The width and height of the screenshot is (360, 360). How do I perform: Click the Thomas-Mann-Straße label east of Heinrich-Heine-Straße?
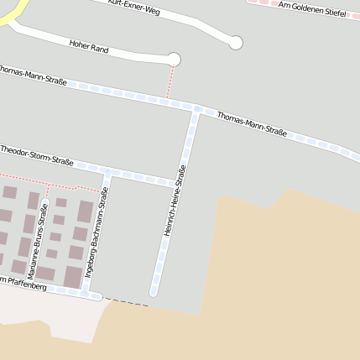(252, 123)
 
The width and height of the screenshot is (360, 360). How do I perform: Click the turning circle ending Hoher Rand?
(174, 59)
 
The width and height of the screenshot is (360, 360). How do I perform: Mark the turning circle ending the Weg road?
(236, 43)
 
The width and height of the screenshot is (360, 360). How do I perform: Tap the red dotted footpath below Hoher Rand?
(170, 81)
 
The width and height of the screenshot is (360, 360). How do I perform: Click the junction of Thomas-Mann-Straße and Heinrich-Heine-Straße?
(196, 109)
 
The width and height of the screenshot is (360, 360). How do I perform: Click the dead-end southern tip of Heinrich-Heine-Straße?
(154, 292)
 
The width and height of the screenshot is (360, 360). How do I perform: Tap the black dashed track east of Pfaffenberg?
(126, 301)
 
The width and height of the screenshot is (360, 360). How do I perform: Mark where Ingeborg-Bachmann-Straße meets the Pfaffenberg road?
(86, 293)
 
